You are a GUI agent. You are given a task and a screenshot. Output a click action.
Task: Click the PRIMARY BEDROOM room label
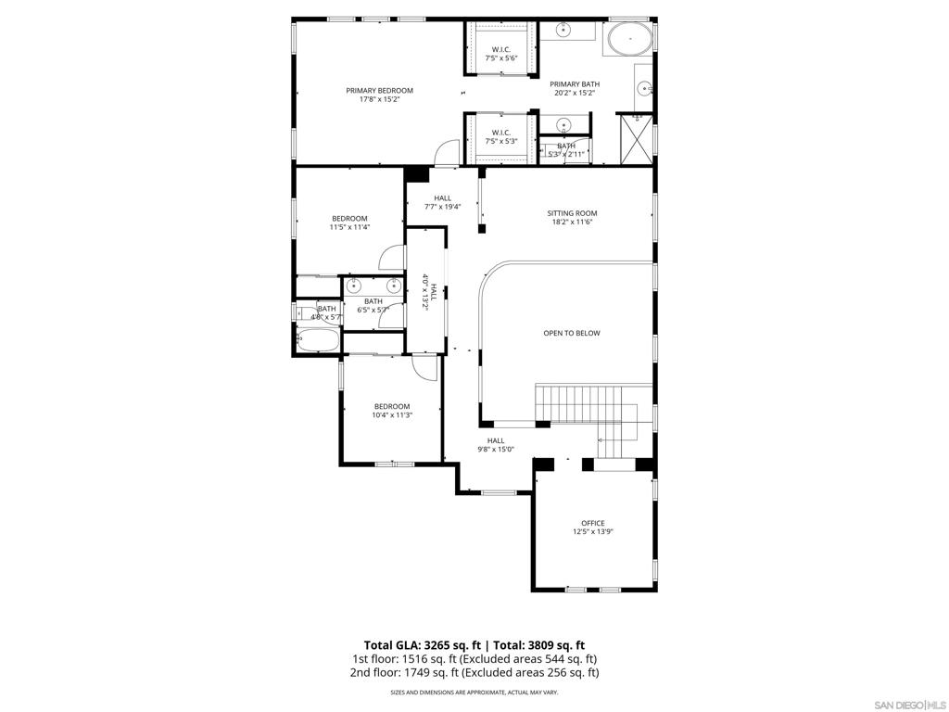379,91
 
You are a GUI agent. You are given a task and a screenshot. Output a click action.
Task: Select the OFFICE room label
592,523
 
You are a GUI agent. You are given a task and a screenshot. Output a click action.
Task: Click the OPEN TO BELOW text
571,333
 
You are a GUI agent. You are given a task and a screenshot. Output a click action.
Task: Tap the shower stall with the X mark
635,140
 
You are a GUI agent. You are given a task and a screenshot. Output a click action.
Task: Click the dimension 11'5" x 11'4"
349,227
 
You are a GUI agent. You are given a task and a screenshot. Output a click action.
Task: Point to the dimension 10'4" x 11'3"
392,415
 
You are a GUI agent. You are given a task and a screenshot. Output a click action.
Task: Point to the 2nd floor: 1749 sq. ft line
474,673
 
